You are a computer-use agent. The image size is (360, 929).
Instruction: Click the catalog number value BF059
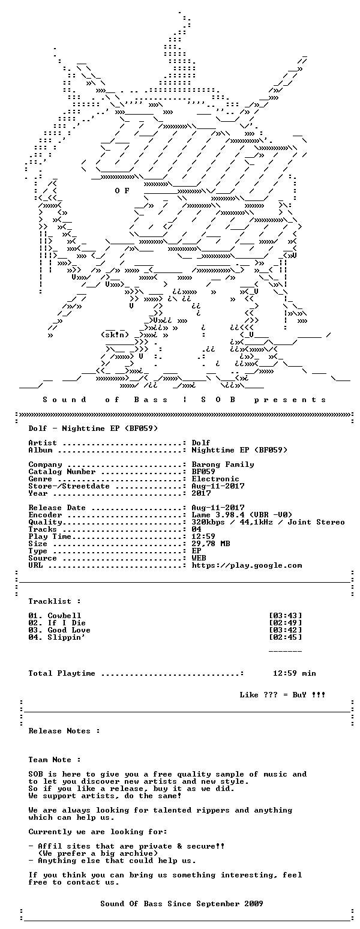203,472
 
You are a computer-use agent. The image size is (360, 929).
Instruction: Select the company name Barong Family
223,464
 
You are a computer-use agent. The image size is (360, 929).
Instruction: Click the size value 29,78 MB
211,544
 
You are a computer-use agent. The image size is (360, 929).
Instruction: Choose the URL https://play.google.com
247,566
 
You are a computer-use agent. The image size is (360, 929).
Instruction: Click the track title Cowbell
64,616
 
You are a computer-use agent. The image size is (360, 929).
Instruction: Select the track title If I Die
67,623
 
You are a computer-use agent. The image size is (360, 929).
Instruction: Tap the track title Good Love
69,630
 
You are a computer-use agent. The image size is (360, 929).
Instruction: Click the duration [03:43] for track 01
286,616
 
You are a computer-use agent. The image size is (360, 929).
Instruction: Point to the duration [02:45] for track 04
286,637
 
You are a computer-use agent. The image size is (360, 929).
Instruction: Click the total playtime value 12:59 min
294,673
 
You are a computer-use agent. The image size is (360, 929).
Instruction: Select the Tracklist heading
55,601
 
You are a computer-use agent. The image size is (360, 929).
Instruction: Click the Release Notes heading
64,731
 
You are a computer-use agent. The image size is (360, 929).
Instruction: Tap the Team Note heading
55,760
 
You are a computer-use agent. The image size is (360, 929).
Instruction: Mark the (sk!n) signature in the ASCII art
115,335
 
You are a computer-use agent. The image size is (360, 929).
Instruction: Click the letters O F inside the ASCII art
122,191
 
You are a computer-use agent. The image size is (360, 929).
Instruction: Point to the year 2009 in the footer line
254,904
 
